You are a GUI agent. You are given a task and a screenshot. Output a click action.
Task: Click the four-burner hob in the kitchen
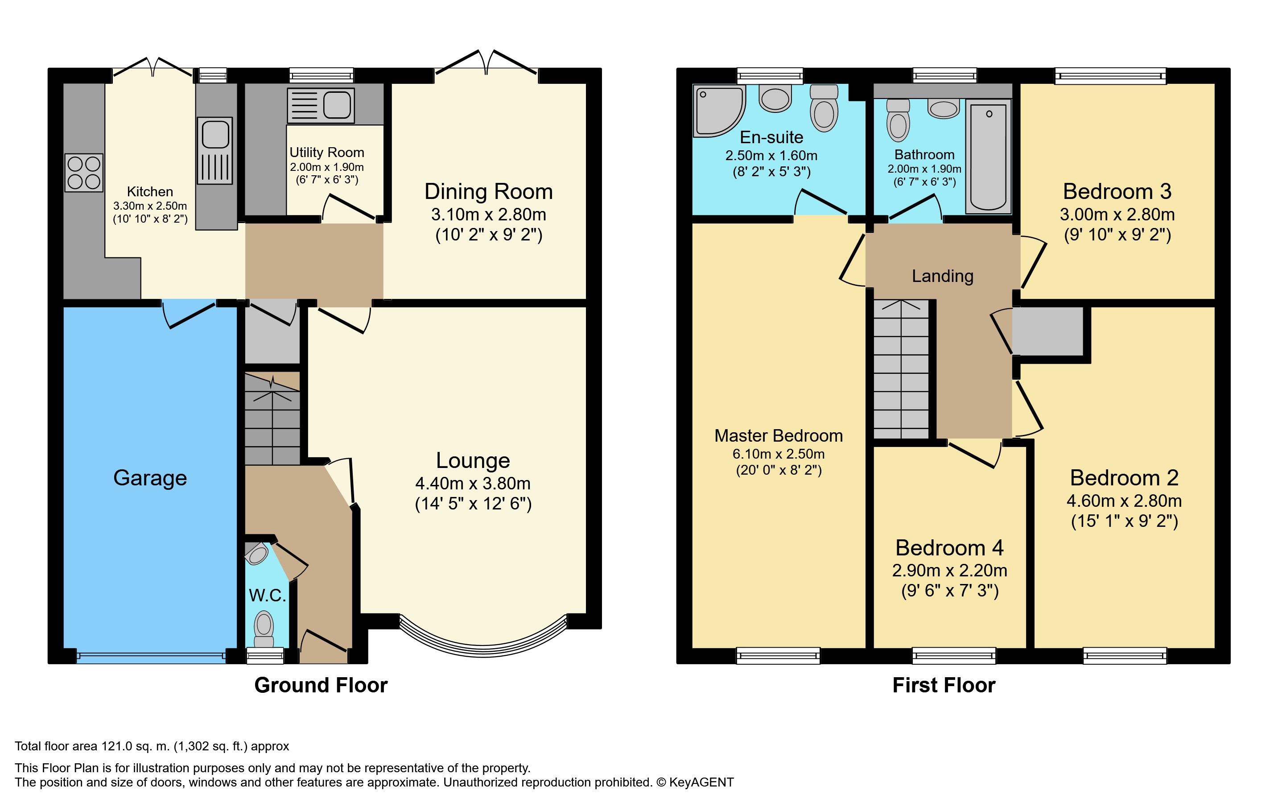84,173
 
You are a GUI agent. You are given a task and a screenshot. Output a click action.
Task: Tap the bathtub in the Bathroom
988,157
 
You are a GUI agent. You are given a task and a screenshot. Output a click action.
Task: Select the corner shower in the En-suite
719,111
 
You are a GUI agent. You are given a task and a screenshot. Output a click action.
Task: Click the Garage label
150,478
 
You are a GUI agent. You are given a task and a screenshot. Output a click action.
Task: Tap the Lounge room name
473,460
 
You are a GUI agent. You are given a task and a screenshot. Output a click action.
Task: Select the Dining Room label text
488,192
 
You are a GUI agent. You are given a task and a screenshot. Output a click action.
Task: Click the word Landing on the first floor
943,276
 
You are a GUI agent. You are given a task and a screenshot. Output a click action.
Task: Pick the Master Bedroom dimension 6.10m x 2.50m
779,454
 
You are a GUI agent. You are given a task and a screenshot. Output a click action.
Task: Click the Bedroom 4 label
949,547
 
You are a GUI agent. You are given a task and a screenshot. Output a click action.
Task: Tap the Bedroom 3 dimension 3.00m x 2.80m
1117,215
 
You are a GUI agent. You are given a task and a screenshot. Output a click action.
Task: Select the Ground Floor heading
321,685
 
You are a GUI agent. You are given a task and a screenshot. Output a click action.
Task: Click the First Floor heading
944,685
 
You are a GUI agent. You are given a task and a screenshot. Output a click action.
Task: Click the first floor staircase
901,369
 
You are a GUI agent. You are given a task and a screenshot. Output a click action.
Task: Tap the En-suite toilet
824,108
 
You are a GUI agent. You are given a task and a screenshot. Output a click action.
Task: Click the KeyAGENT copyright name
701,782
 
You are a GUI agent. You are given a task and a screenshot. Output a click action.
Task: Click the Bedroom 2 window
1125,656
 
